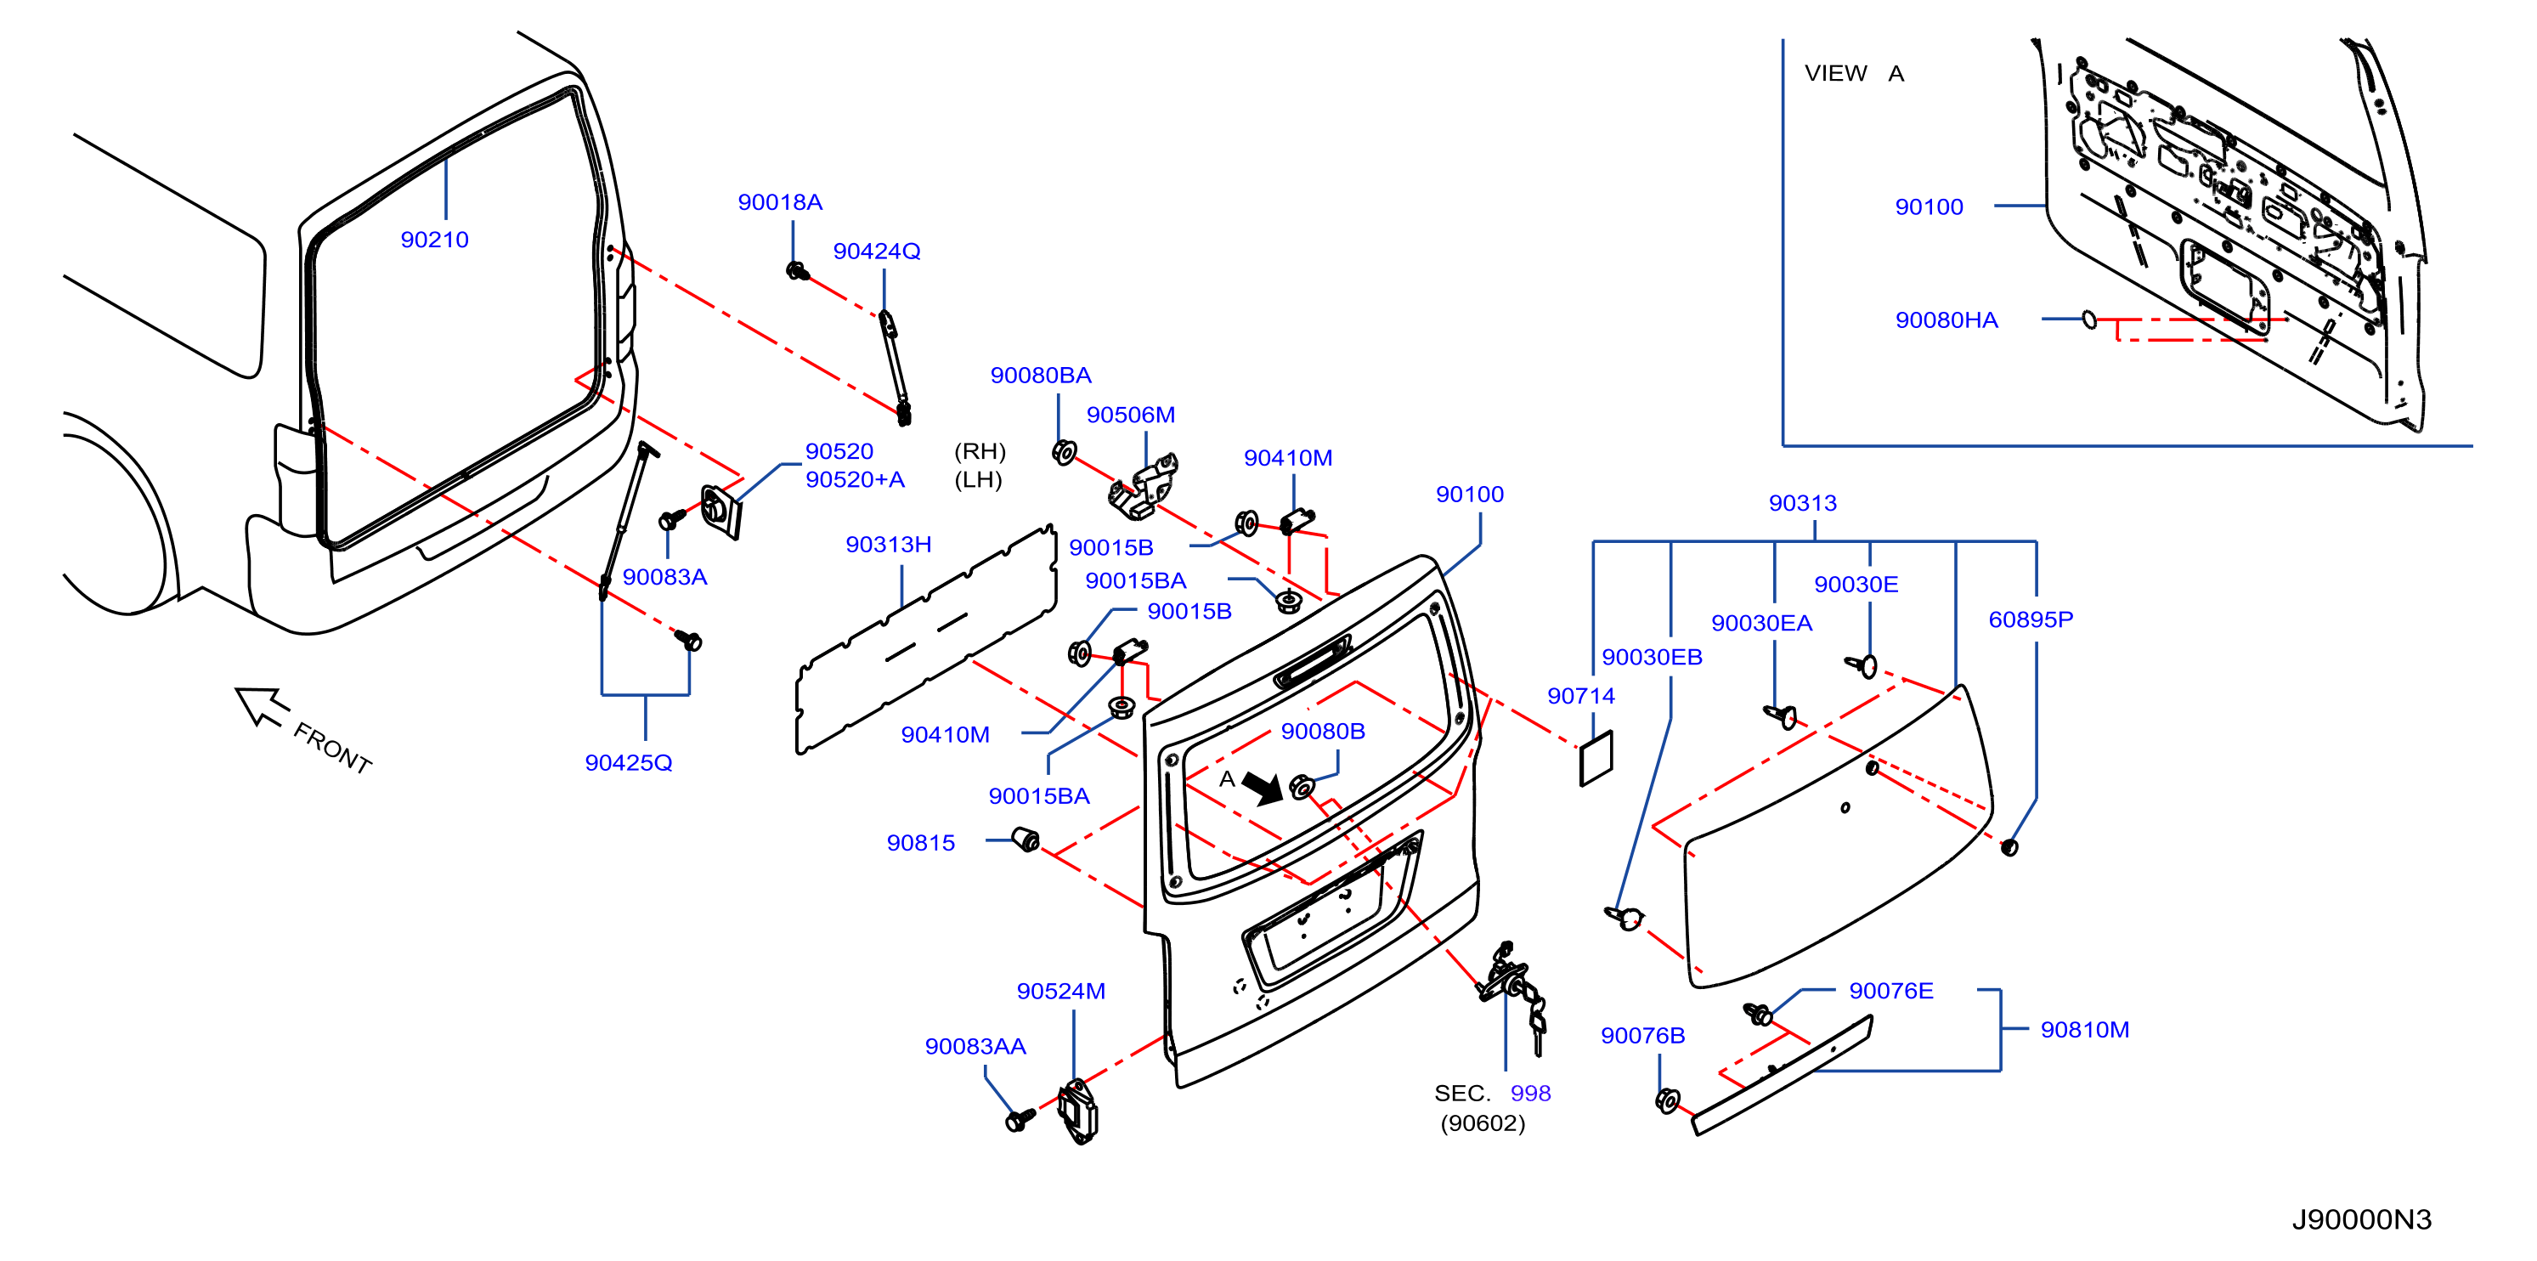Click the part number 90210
434,240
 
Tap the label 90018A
780,202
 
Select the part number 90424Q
877,252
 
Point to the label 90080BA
1040,376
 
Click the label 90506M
1131,415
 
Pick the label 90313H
889,544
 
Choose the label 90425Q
629,762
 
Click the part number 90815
921,842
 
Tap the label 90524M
1060,991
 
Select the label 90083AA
975,1046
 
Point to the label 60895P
2031,619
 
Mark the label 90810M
2085,1030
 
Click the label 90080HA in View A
1947,320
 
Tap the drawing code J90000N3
2362,1219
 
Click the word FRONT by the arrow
332,749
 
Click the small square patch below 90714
1596,759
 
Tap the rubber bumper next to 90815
1026,840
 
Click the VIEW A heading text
1854,73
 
